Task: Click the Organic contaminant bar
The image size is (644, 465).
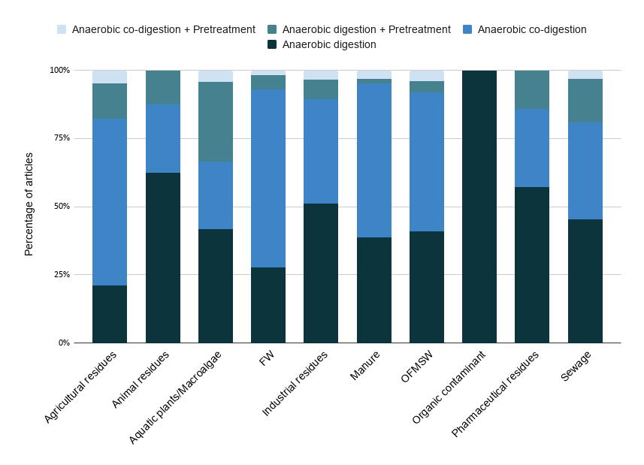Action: point(479,207)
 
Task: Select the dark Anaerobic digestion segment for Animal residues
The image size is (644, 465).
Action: point(163,258)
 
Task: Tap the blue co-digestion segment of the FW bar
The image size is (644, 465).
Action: point(268,179)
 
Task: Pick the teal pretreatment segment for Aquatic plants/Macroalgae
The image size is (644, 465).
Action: point(216,122)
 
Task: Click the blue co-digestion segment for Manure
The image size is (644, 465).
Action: point(374,160)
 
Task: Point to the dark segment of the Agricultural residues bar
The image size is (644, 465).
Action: point(110,314)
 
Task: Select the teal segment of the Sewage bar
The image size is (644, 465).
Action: point(585,101)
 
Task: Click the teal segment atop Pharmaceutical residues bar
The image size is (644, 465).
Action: point(532,89)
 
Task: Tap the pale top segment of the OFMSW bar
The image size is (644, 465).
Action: point(427,76)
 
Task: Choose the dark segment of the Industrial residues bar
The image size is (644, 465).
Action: point(321,273)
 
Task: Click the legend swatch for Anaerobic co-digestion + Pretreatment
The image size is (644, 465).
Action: point(62,29)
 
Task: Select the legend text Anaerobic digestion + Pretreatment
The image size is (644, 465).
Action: point(367,29)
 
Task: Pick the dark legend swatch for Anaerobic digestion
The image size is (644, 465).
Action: point(272,44)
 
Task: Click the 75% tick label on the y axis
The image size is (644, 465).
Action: point(60,138)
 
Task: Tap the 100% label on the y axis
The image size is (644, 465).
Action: point(59,70)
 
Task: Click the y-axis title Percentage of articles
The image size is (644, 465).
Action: point(29,204)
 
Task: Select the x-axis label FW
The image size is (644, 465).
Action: point(267,358)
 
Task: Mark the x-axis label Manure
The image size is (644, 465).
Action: point(365,365)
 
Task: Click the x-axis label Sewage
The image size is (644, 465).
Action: point(576,366)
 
